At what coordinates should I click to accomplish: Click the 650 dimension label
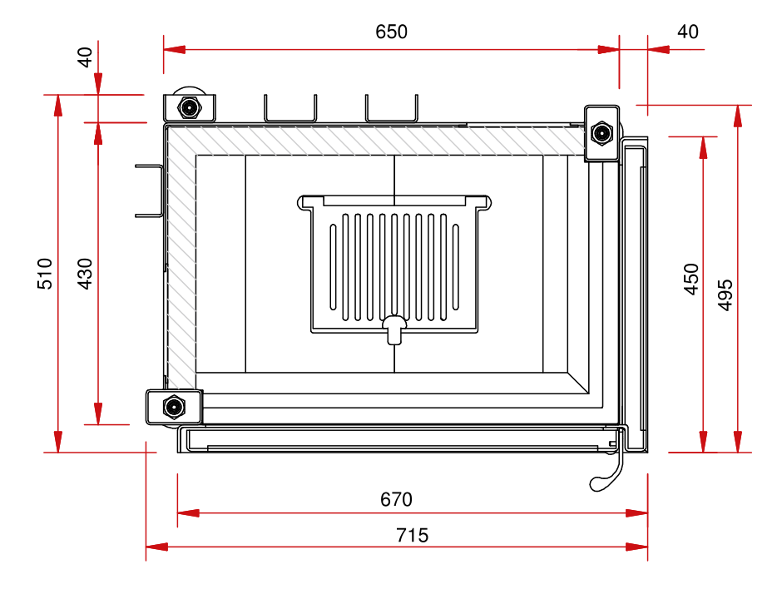point(392,32)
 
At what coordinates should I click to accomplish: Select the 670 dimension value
point(397,499)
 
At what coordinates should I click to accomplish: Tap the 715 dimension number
point(413,535)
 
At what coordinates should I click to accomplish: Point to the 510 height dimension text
point(45,274)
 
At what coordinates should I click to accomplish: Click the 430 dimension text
point(86,274)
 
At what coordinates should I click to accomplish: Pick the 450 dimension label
point(691,280)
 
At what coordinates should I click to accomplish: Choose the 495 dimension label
point(725,295)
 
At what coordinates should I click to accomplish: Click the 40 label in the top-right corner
point(688,32)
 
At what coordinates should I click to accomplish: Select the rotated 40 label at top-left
point(86,57)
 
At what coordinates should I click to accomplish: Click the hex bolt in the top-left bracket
point(189,107)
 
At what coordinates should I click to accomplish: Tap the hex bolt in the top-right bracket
point(601,132)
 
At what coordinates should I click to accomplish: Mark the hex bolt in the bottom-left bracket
point(174,407)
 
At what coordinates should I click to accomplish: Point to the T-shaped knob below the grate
point(394,329)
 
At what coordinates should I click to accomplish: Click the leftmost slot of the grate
point(333,267)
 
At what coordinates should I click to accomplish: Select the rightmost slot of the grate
point(455,267)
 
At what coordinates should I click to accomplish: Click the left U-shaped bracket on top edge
point(290,108)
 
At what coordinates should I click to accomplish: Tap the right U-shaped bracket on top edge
point(392,108)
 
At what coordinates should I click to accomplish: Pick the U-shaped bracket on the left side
point(149,191)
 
